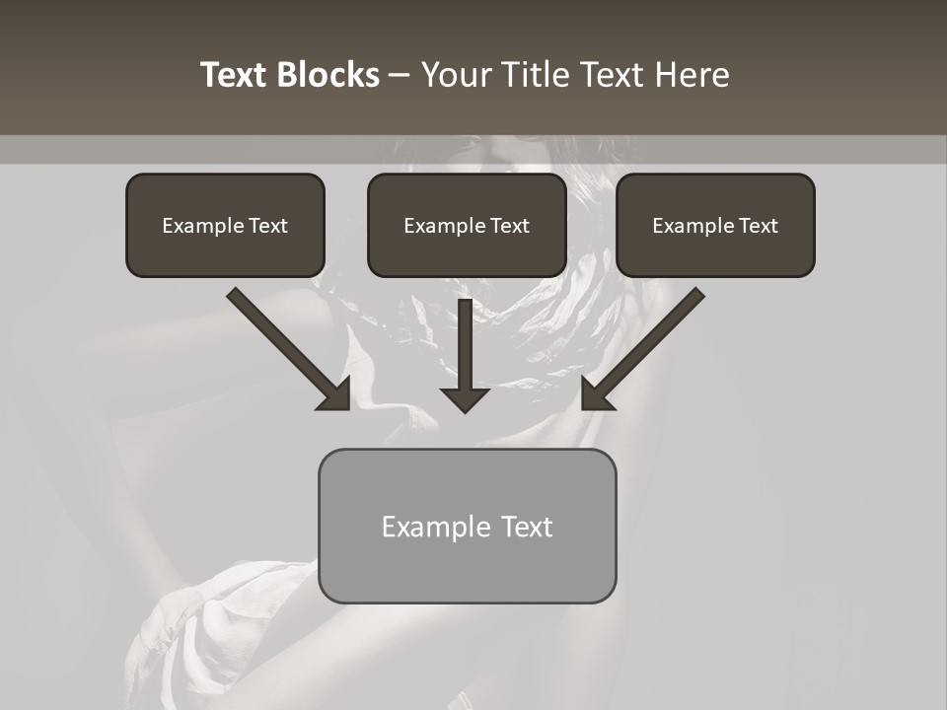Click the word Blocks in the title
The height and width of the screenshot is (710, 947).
tap(328, 75)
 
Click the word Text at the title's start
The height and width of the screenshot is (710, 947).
tap(235, 75)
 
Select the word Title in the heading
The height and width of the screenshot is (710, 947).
tap(535, 75)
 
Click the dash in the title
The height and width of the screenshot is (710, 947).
tap(400, 77)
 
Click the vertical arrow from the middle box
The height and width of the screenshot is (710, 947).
tap(466, 340)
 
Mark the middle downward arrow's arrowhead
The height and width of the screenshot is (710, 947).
tap(466, 398)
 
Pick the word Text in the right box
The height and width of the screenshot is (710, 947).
tap(758, 226)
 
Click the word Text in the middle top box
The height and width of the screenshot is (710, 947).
tap(509, 226)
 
